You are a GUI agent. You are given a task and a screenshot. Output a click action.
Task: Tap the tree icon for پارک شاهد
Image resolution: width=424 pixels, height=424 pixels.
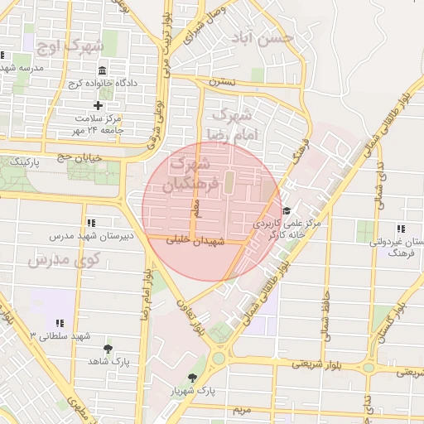[x=108, y=349]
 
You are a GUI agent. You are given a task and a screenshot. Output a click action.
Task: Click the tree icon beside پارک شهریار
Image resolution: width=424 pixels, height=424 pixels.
[x=193, y=378]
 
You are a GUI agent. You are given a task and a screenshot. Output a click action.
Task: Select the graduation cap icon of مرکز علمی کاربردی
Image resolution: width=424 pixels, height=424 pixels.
[x=287, y=211]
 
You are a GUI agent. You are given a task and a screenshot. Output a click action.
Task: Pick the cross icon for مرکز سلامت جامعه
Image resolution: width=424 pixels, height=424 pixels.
[x=99, y=105]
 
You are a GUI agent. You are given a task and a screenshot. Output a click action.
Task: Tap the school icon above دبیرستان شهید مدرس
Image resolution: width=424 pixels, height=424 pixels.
[x=91, y=223]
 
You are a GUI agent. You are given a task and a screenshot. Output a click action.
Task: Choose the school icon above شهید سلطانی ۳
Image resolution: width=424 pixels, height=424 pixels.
[x=59, y=322]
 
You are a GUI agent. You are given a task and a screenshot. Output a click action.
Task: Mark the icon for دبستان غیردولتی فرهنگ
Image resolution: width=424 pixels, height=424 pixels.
[x=401, y=229]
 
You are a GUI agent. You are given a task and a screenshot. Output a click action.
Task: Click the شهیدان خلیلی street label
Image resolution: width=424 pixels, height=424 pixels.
[x=196, y=243]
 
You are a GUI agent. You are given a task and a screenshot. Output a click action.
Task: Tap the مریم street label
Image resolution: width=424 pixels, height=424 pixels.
[x=241, y=411]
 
